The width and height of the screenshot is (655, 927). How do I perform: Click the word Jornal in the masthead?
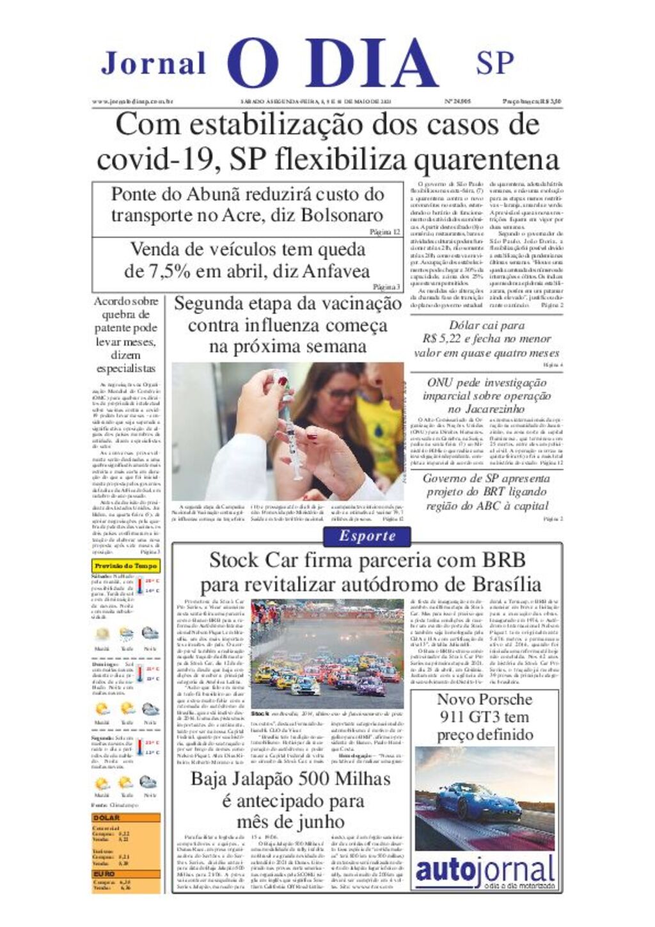[x=154, y=63]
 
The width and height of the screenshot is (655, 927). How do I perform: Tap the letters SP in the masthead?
[x=494, y=63]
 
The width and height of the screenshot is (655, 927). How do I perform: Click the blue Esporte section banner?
[x=367, y=536]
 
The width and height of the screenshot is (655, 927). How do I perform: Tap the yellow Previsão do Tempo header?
[x=125, y=566]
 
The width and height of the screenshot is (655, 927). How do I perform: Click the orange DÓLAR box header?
[x=107, y=818]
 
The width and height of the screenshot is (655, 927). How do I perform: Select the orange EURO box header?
[x=105, y=873]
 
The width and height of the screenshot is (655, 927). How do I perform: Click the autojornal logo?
[x=484, y=871]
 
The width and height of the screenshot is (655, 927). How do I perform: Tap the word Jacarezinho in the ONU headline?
[x=486, y=409]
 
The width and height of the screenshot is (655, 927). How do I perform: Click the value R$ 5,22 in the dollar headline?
[x=446, y=339]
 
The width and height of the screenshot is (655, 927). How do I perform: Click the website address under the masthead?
[x=132, y=101]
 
